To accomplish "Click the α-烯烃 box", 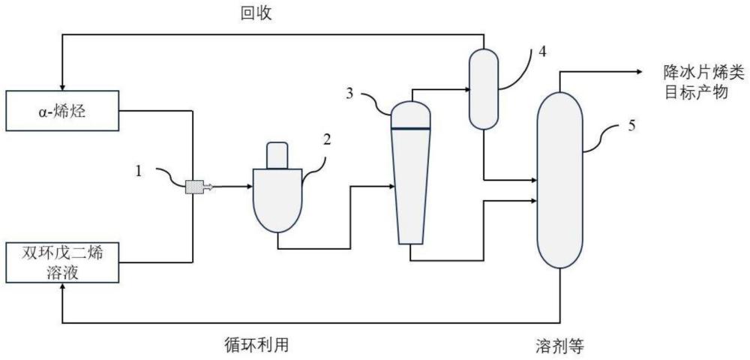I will pos(61,111).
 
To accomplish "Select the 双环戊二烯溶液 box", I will pos(61,262).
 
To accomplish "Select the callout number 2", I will pos(326,139).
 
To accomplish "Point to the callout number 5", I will pos(631,124).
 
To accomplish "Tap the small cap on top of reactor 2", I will pos(277,154).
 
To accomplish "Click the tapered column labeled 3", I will pos(410,180).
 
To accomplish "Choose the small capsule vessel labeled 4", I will pos(484,88).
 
